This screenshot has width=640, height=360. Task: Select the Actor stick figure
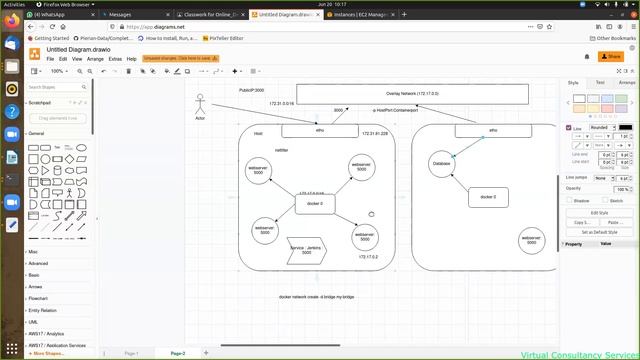200,105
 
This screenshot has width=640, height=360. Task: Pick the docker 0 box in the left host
314,204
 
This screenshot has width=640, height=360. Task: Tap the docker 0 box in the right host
487,197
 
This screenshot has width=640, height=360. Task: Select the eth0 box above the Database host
493,130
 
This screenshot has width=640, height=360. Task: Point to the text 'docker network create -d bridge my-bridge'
316,297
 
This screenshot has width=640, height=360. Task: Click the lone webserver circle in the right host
531,241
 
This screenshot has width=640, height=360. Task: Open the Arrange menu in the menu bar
95,59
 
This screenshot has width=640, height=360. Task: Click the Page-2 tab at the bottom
178,353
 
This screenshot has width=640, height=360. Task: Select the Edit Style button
599,212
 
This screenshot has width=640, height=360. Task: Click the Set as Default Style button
599,231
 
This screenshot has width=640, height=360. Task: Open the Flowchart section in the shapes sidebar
39,298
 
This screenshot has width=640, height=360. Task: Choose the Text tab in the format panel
599,82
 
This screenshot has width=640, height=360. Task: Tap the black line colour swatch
625,128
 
